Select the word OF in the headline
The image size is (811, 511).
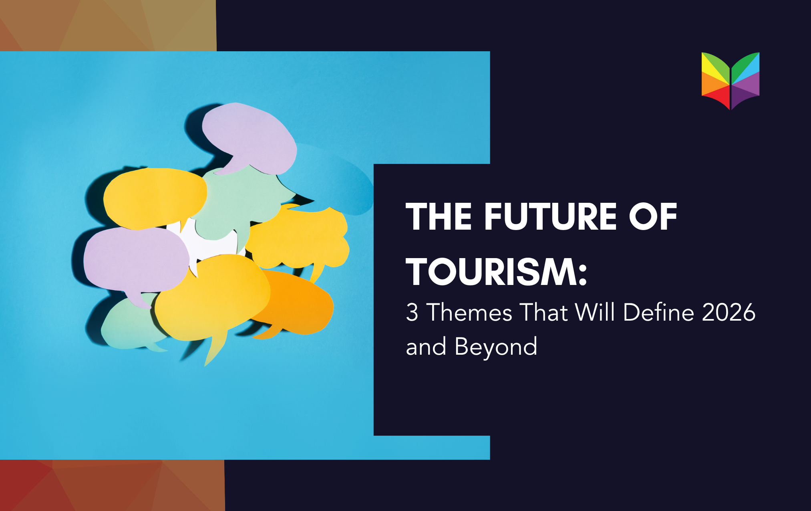pos(653,216)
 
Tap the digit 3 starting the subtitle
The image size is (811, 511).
pos(412,312)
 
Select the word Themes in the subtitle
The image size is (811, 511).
pos(469,312)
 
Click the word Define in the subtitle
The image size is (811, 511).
pos(658,312)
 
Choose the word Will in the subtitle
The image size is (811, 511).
pos(595,312)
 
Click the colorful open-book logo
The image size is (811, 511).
pos(731,81)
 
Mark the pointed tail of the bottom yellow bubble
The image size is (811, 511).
pos(212,353)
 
